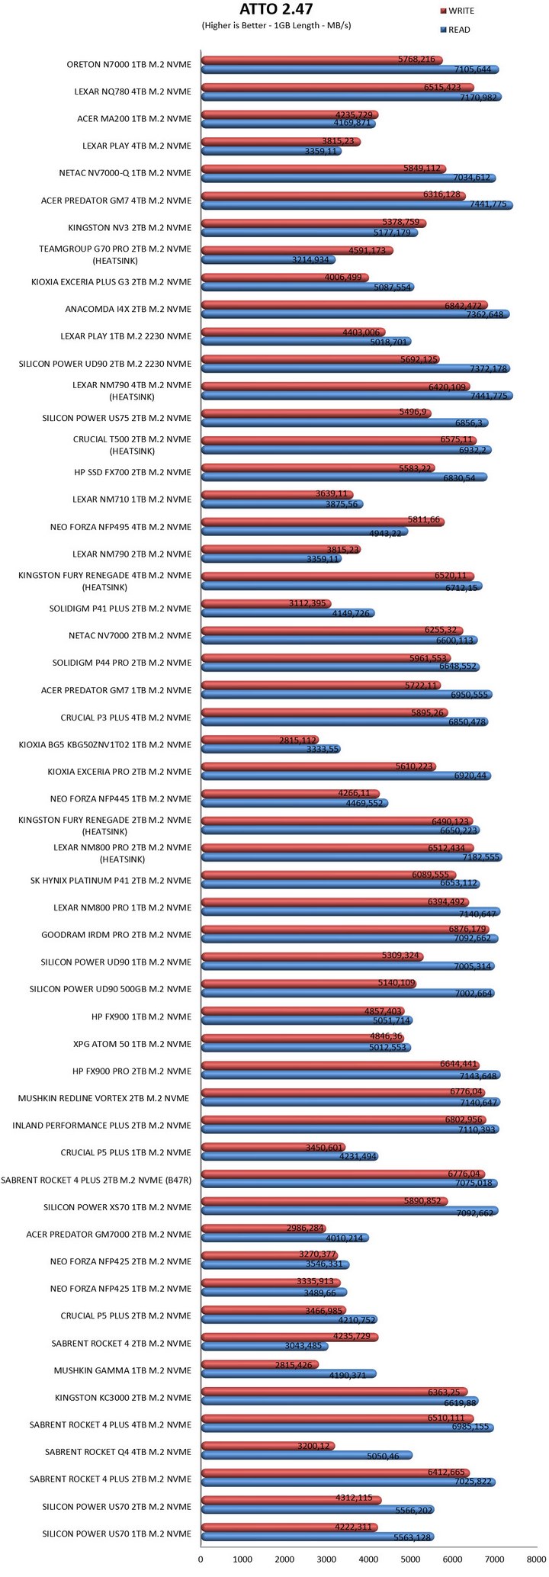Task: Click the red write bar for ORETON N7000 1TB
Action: pos(320,59)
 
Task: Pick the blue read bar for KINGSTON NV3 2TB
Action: pos(309,233)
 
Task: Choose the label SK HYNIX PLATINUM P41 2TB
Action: pos(117,880)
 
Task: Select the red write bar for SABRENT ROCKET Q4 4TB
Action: pos(267,1446)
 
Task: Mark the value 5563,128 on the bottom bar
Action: pos(409,1537)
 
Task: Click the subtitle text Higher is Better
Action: pos(236,26)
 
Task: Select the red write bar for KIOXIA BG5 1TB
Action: pos(259,740)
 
